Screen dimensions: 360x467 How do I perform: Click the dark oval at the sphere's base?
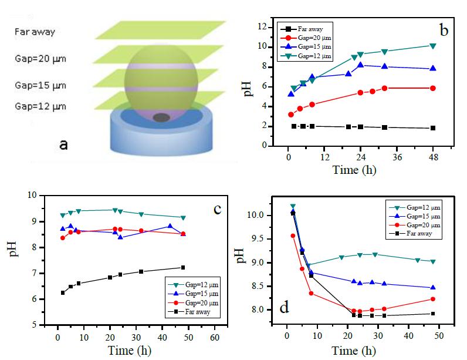(162, 117)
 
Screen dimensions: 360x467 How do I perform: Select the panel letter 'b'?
(444, 29)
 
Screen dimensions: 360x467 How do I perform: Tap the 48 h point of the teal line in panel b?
(433, 46)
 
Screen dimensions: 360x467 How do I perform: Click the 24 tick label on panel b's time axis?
(360, 157)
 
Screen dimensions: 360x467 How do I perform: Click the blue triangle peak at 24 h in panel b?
(361, 65)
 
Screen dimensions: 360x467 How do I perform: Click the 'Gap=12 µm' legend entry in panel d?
(417, 207)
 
